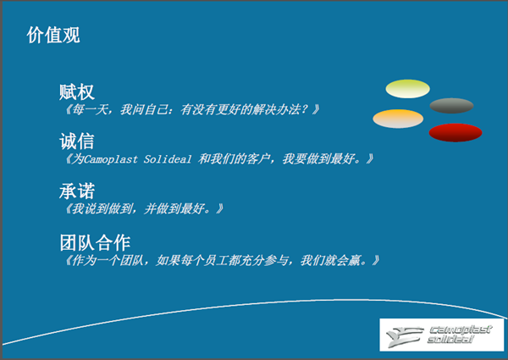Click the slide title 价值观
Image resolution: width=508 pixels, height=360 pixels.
point(53,35)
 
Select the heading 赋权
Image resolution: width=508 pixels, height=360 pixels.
point(77,92)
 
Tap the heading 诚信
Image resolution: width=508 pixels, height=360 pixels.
point(77,141)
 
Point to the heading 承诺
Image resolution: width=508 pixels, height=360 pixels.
point(77,191)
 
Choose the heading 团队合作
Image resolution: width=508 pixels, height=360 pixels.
point(95,242)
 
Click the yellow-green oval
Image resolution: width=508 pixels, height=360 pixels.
point(407,89)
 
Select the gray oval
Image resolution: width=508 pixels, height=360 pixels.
point(451,106)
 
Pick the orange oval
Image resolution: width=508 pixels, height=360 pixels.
point(398,119)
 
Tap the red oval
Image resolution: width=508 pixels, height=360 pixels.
point(456,132)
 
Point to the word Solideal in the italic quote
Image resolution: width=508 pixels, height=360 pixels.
point(168,159)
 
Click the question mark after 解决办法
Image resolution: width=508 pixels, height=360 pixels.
point(305,109)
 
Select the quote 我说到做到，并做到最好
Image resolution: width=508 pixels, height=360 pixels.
point(138,208)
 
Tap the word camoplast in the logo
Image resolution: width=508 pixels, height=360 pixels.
point(461,330)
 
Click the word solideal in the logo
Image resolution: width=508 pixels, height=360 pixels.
point(450,340)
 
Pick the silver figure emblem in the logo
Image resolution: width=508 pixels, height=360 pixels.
point(405,336)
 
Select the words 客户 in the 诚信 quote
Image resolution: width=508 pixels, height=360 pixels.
point(258,158)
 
